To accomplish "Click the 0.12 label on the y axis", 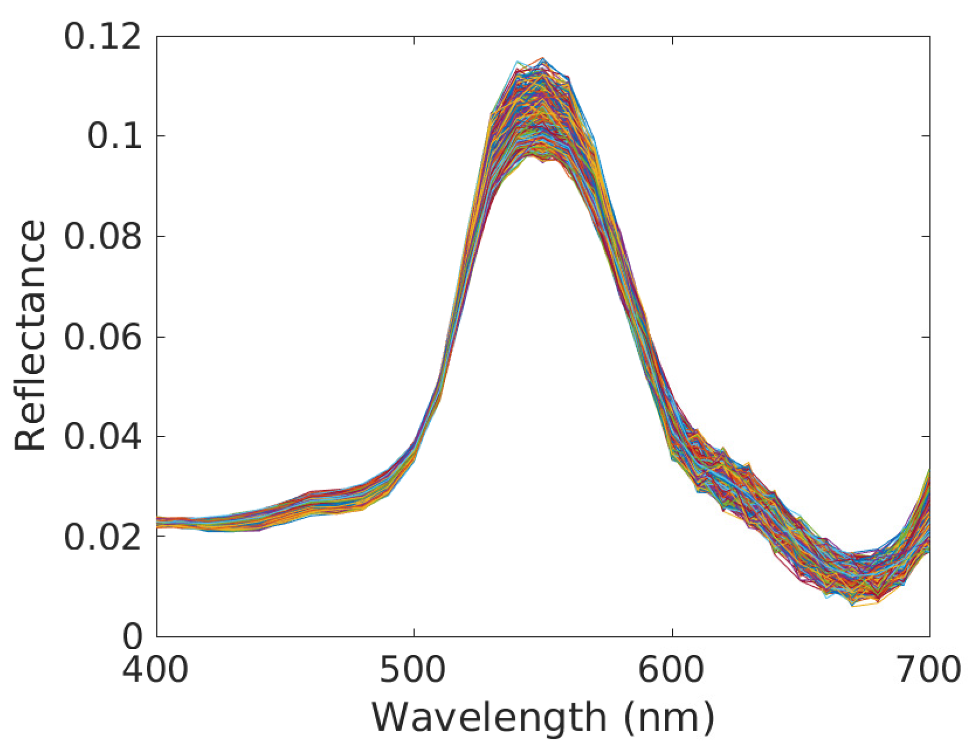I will click(x=102, y=38).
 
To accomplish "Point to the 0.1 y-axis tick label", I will click(x=114, y=136).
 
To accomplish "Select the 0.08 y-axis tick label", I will click(x=102, y=237).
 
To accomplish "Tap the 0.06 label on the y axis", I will click(x=102, y=337).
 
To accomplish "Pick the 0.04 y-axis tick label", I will click(x=102, y=437).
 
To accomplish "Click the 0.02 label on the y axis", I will click(x=102, y=537).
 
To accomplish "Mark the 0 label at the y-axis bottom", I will click(x=132, y=637).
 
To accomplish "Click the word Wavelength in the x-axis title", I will click(x=489, y=718).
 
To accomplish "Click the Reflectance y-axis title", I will click(x=31, y=335).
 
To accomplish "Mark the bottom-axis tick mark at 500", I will click(x=414, y=632).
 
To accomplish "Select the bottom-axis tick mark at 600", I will click(x=673, y=632).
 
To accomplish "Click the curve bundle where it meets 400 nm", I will click(x=158, y=521).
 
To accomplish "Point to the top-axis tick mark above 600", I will click(x=673, y=41).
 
